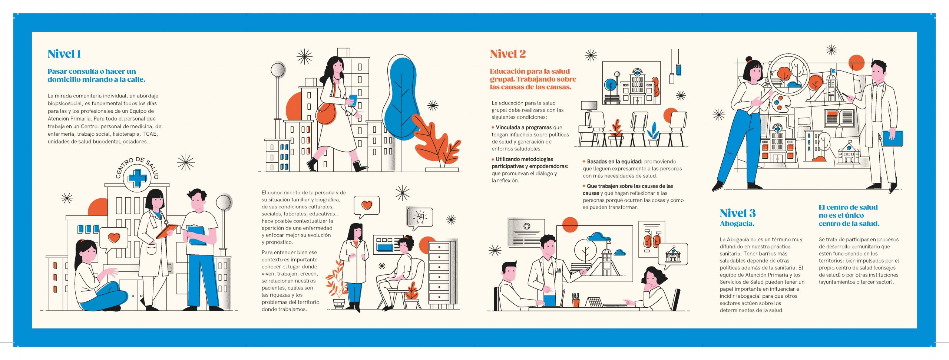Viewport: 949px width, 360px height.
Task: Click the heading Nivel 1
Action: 64,54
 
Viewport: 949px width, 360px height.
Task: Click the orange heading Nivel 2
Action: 507,54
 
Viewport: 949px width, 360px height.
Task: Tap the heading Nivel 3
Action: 737,213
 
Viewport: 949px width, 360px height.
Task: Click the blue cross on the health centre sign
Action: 137,178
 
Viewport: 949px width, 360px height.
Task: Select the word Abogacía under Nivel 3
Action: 737,224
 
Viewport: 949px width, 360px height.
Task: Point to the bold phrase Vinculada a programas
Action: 523,127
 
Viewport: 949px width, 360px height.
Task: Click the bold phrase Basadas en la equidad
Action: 614,161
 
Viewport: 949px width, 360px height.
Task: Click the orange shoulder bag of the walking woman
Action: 327,113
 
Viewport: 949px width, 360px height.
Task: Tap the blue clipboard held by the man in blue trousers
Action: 197,235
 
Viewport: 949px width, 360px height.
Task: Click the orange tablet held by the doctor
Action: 167,231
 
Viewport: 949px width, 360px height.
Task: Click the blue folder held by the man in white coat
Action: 892,138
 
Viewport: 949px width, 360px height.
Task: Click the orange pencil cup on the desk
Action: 576,303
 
